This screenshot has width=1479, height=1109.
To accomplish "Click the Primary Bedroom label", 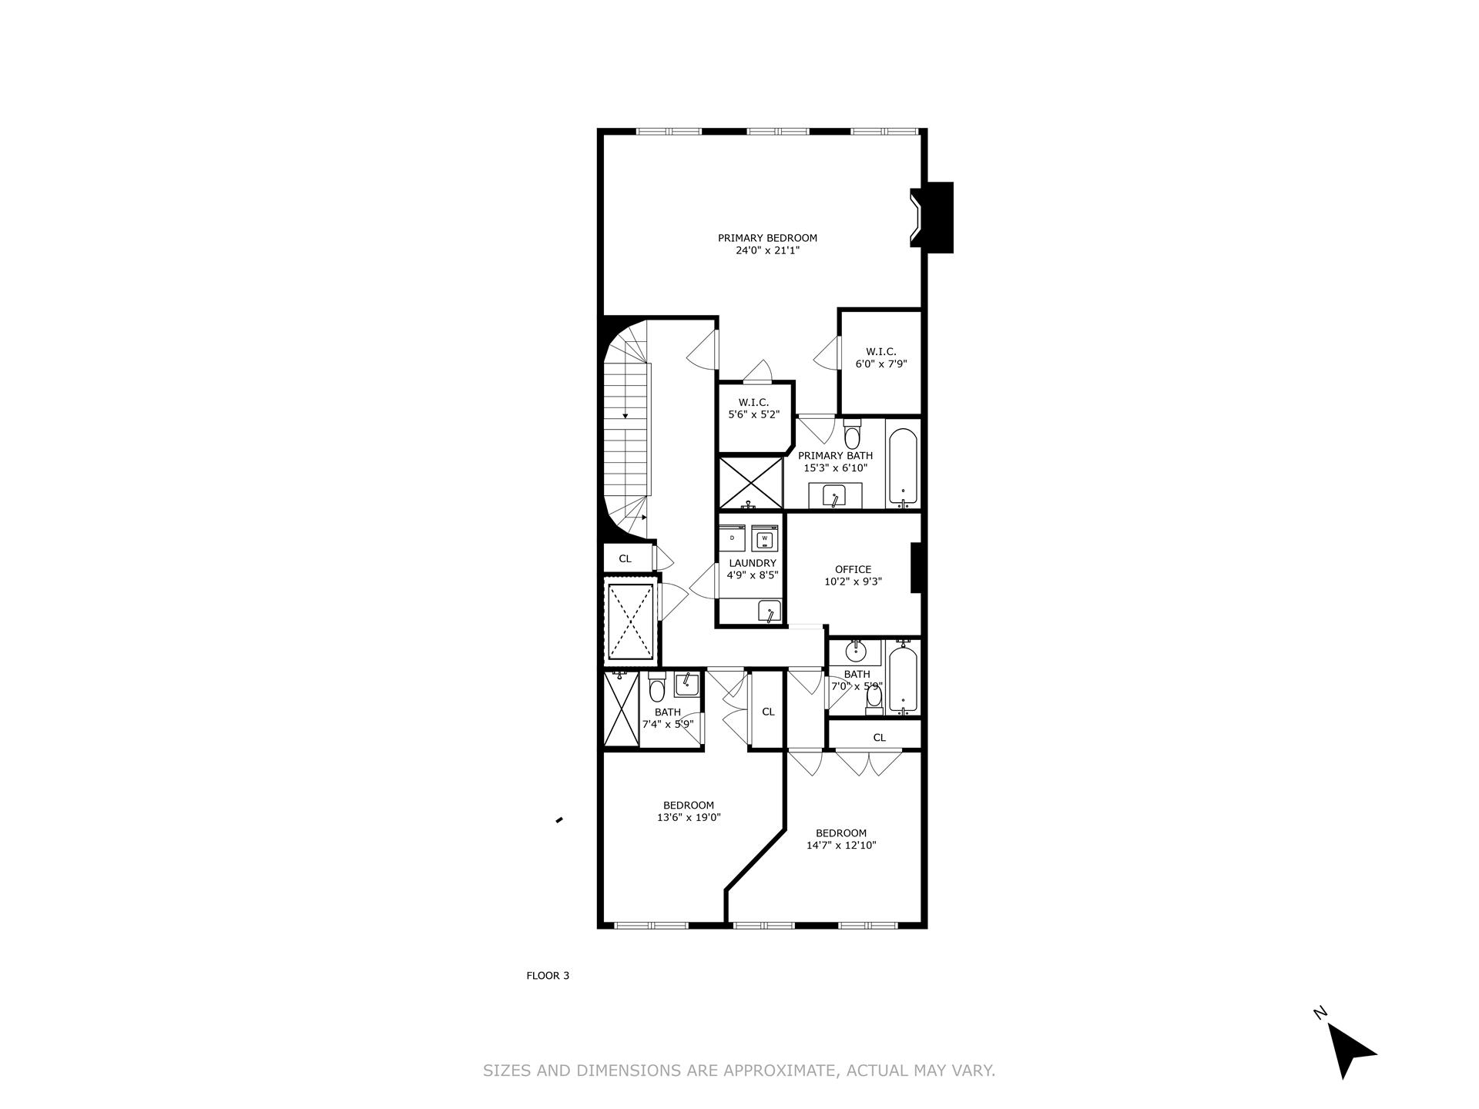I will tap(767, 243).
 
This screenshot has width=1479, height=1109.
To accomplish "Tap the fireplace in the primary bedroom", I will tap(930, 217).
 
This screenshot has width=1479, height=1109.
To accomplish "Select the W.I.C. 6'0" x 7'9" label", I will tap(881, 357).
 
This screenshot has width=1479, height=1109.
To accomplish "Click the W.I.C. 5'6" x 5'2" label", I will tap(754, 408).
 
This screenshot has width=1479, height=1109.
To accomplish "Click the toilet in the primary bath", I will tap(852, 436).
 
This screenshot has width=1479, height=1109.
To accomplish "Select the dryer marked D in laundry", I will tap(733, 538).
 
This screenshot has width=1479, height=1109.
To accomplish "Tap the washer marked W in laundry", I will tap(765, 538).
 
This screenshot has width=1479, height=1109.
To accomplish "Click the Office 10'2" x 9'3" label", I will tap(853, 575).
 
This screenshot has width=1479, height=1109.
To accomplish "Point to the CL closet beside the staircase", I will tap(625, 558).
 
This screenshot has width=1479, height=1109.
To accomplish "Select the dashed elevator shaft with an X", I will tap(631, 622).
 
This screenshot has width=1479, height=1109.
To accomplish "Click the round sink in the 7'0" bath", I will tap(856, 652).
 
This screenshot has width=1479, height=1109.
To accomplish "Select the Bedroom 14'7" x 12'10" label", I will tap(841, 839).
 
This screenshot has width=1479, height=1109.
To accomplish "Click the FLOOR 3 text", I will tap(548, 976).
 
